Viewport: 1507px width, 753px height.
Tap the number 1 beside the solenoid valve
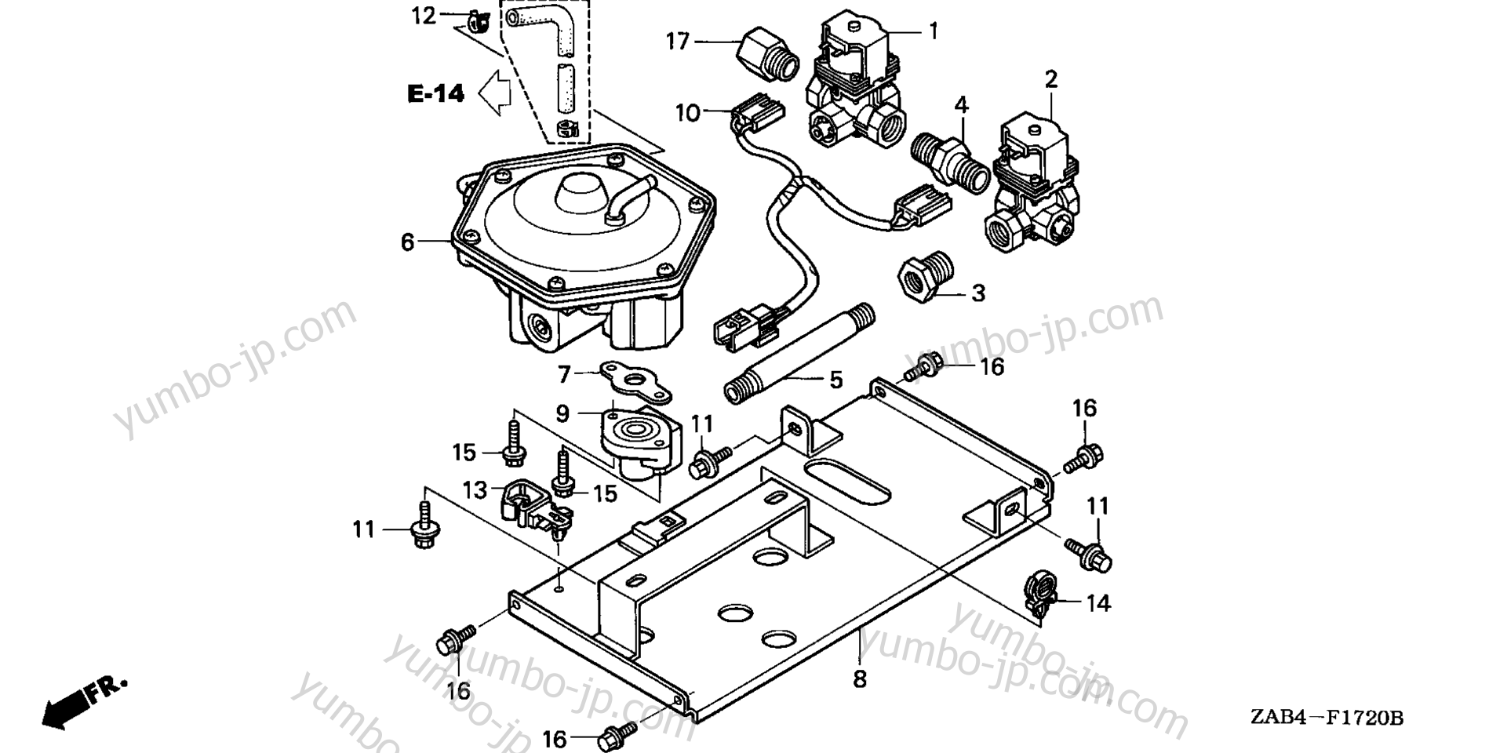pos(934,31)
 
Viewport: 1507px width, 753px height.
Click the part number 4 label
pos(961,104)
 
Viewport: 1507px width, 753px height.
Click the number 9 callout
pos(562,413)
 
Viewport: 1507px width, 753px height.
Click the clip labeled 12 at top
pos(476,21)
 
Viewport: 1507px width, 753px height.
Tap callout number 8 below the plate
pos(860,679)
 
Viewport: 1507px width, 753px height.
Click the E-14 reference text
pos(436,93)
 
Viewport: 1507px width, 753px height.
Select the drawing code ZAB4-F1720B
pos(1327,718)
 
